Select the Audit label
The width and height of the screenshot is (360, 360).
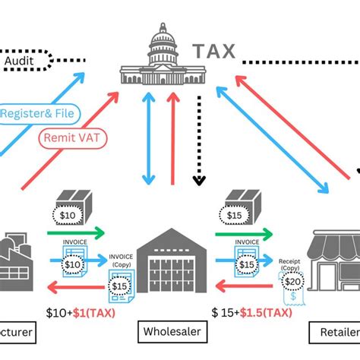tap(23, 59)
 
